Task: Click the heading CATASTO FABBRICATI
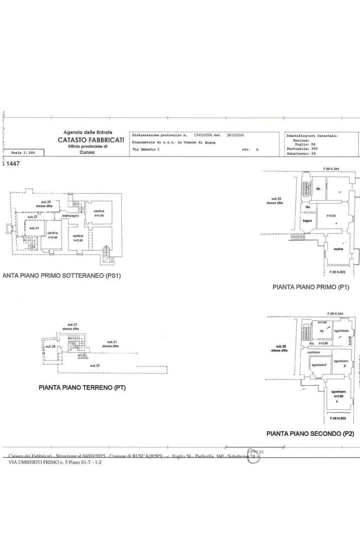pos(91,140)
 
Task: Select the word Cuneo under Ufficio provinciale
pos(87,152)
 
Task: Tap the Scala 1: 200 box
pos(23,153)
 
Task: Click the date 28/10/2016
pos(235,135)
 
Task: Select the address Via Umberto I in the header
pos(146,150)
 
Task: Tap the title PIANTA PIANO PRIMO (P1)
pos(311,287)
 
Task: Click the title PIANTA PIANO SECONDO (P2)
pos(310,434)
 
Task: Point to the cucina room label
pos(338,249)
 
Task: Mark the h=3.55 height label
pos(331,216)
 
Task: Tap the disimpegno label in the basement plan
pos(70,216)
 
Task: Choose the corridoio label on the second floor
pos(314,352)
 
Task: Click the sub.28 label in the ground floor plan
pos(50,347)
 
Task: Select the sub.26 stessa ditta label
pos(279,348)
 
